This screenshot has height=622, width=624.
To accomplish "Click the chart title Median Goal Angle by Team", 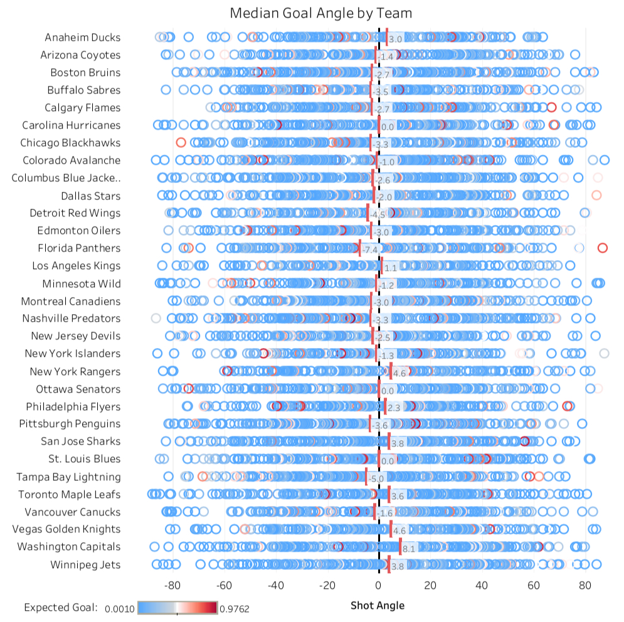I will click(x=320, y=13).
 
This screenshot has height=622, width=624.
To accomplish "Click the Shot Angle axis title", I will click(x=378, y=606).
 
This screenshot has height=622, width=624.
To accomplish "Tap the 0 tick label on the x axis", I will click(x=378, y=586).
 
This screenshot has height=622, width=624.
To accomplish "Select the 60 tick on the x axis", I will click(x=533, y=586).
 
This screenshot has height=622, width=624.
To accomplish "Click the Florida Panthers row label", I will click(x=79, y=248).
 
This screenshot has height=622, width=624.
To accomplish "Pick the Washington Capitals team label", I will click(x=69, y=547).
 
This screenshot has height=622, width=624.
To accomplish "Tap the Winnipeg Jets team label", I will click(x=85, y=565).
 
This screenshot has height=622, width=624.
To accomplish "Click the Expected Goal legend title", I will click(x=61, y=608).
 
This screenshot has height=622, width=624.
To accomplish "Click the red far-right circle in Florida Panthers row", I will click(x=603, y=248).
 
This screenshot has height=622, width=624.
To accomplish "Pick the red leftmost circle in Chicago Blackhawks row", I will click(x=181, y=142).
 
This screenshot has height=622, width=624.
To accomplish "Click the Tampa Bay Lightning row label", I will click(x=68, y=477).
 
